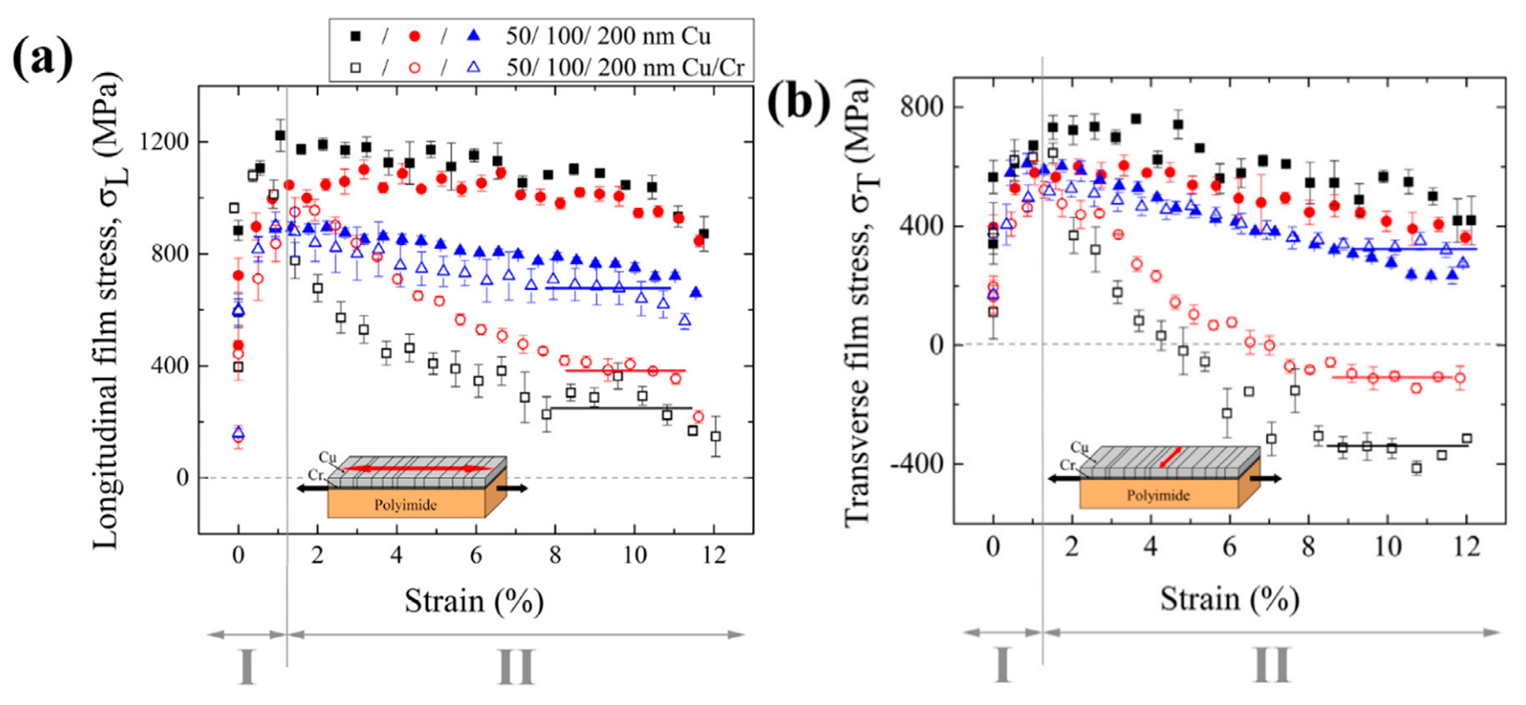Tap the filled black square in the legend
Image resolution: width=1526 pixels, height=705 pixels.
coord(356,37)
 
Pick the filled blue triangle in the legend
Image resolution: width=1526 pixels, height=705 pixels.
coord(474,37)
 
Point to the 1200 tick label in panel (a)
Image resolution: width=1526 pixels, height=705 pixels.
coord(163,142)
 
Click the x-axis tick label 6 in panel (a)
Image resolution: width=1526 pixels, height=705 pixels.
coord(476,555)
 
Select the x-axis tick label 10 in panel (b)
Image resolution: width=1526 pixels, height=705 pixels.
coord(1387,546)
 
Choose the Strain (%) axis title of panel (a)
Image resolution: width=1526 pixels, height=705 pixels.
coord(474,601)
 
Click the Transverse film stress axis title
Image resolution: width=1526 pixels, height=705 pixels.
coord(857,302)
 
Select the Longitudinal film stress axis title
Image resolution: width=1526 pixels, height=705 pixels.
coord(106,311)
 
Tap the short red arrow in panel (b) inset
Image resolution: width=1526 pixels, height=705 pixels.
coord(1170,457)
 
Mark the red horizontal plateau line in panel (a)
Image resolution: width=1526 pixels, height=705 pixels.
coord(626,370)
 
